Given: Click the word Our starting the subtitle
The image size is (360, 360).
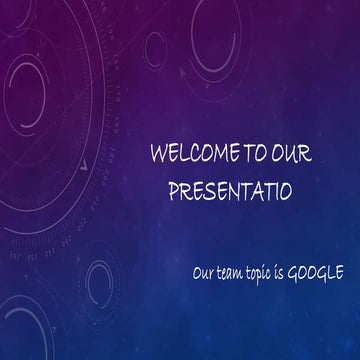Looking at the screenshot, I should [204, 271].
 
